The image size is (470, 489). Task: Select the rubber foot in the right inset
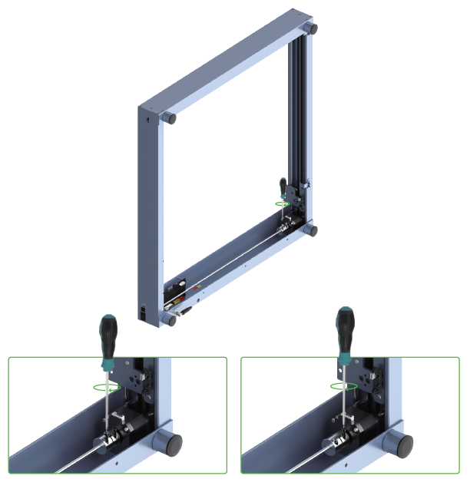[x=403, y=443]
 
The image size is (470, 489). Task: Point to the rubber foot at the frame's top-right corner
[x=312, y=28]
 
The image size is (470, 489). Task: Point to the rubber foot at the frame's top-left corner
[x=169, y=119]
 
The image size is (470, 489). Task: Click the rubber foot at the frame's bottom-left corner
[x=170, y=319]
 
